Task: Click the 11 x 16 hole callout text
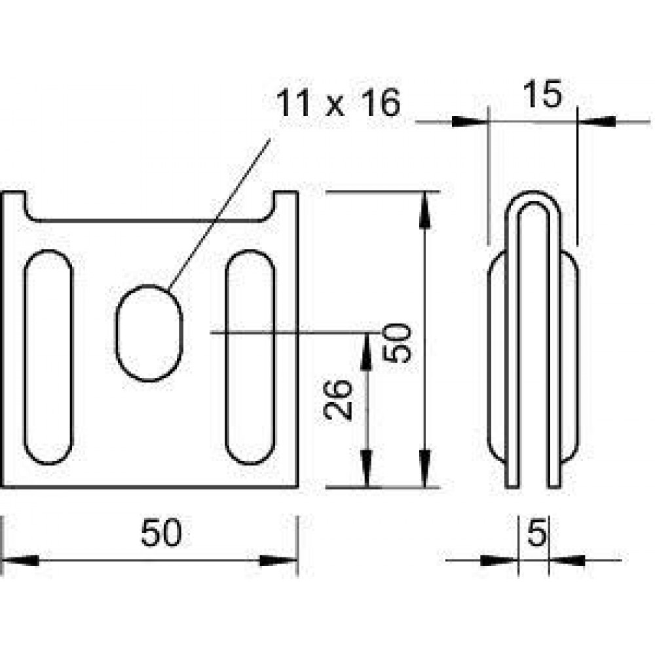coord(337,103)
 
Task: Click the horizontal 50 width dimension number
coord(161,533)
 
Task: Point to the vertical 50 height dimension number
coord(398,343)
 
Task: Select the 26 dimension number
coord(337,400)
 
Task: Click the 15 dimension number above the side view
coord(542,94)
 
